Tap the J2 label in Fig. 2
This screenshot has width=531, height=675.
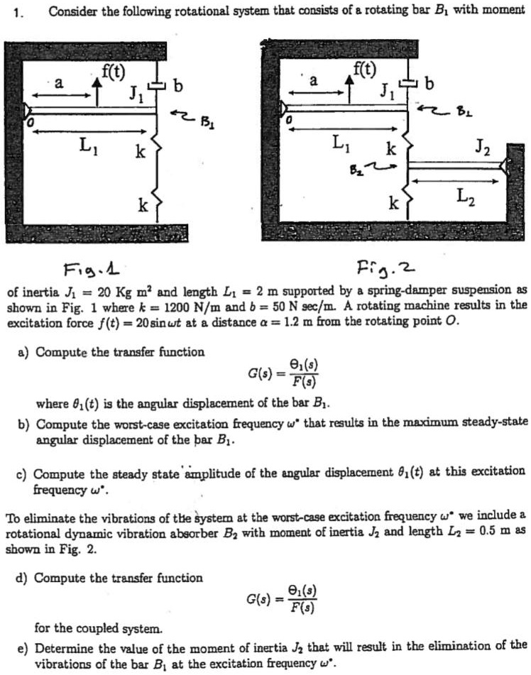coord(483,150)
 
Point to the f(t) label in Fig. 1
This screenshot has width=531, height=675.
coord(114,70)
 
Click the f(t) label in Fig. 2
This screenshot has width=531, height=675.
coord(366,70)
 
